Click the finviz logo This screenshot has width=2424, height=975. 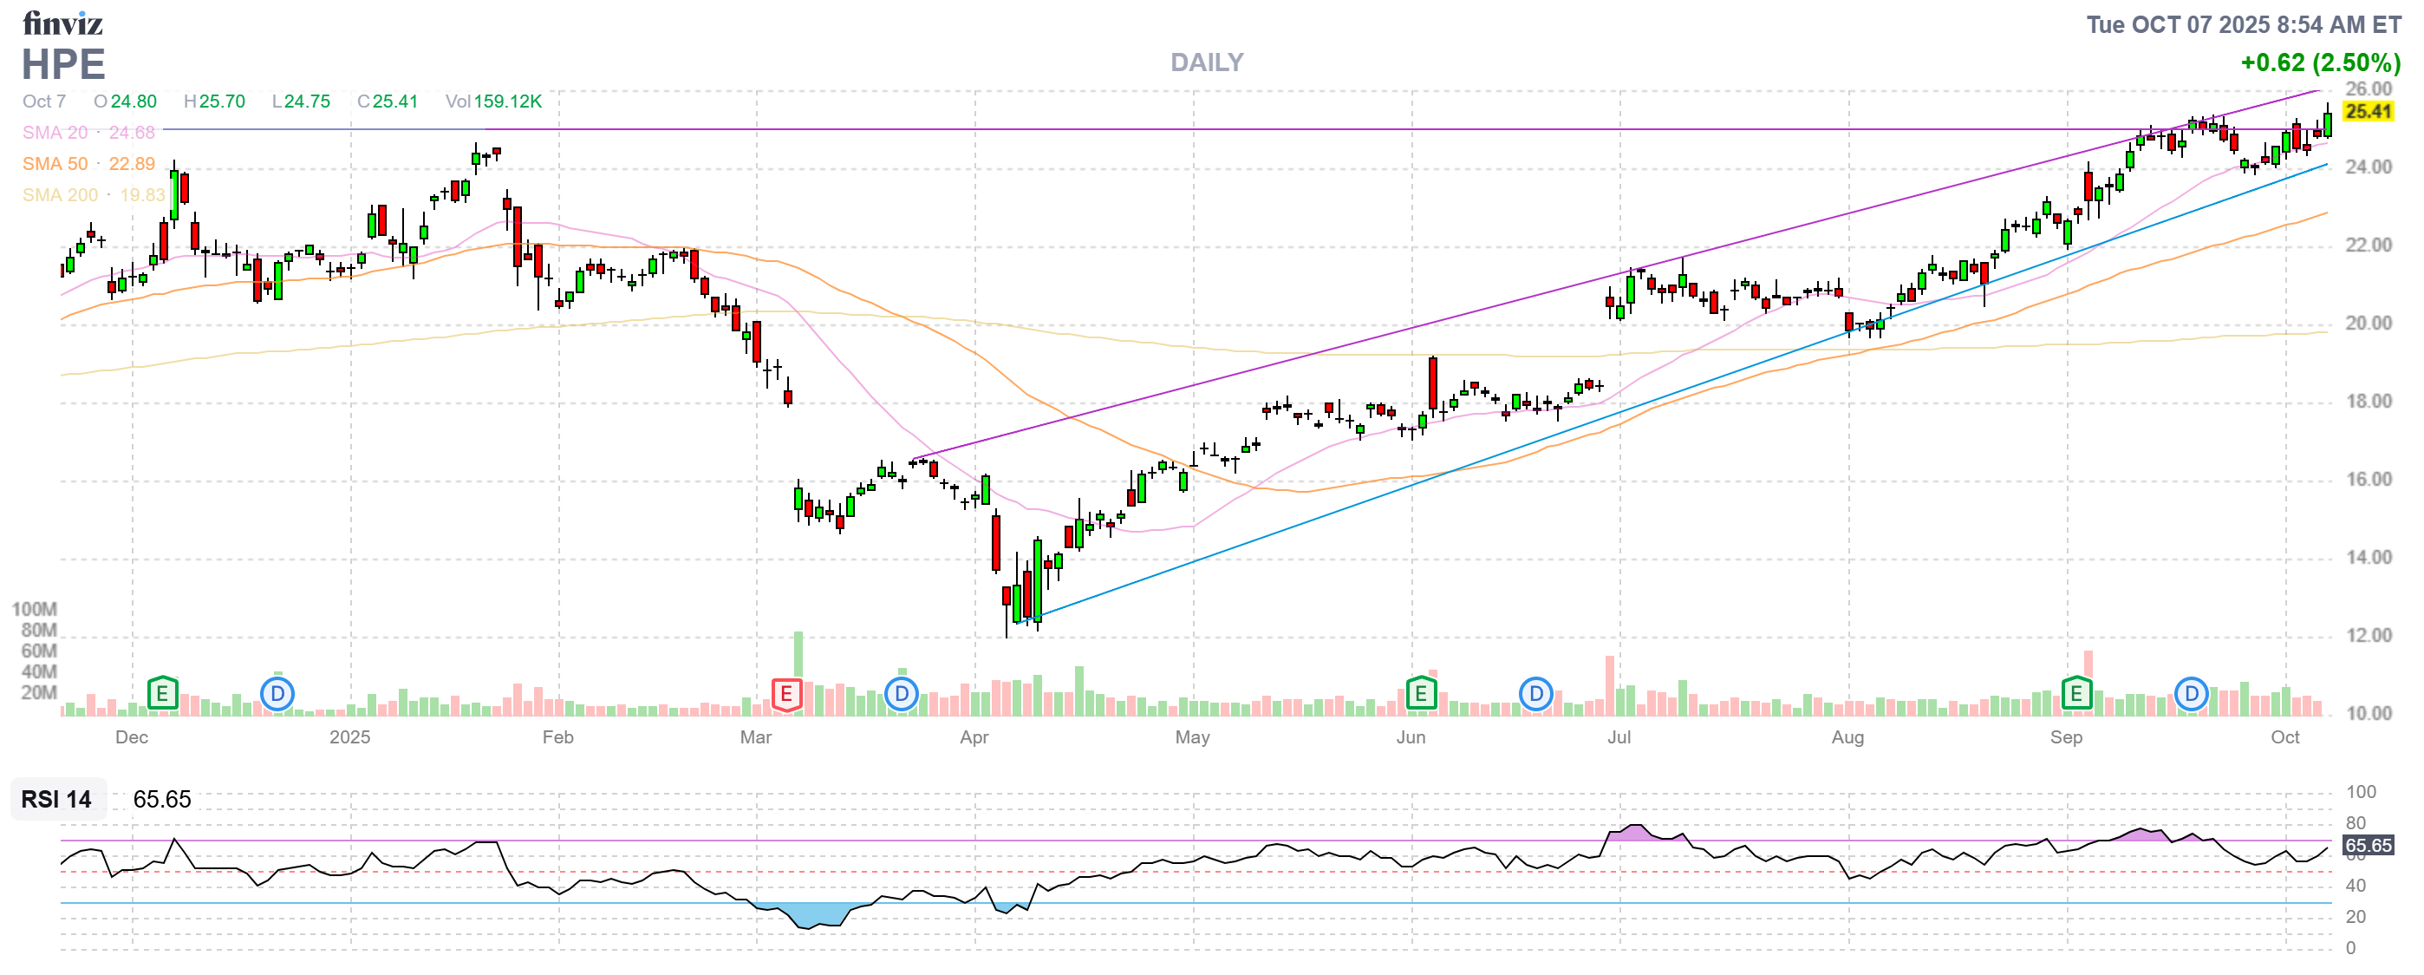(62, 23)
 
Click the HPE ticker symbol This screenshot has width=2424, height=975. (63, 65)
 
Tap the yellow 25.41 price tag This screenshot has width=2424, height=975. (2368, 112)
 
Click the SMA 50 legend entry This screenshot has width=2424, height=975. (88, 164)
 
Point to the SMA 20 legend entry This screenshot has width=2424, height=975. (88, 133)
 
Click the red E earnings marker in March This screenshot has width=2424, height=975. (785, 695)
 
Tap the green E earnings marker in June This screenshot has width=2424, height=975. (1420, 695)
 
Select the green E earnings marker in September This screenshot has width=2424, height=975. (2075, 695)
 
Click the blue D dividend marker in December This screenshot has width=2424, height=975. (277, 695)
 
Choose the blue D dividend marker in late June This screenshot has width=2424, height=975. (1535, 695)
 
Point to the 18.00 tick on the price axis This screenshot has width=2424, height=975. (2368, 402)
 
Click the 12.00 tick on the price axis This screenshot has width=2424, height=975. (2368, 636)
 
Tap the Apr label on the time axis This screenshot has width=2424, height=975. (974, 737)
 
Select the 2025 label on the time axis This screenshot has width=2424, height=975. (349, 737)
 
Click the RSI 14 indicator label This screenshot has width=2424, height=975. (56, 799)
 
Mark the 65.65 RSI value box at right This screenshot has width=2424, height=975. (2368, 845)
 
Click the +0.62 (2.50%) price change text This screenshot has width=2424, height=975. (2320, 63)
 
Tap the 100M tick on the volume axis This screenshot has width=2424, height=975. (35, 610)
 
